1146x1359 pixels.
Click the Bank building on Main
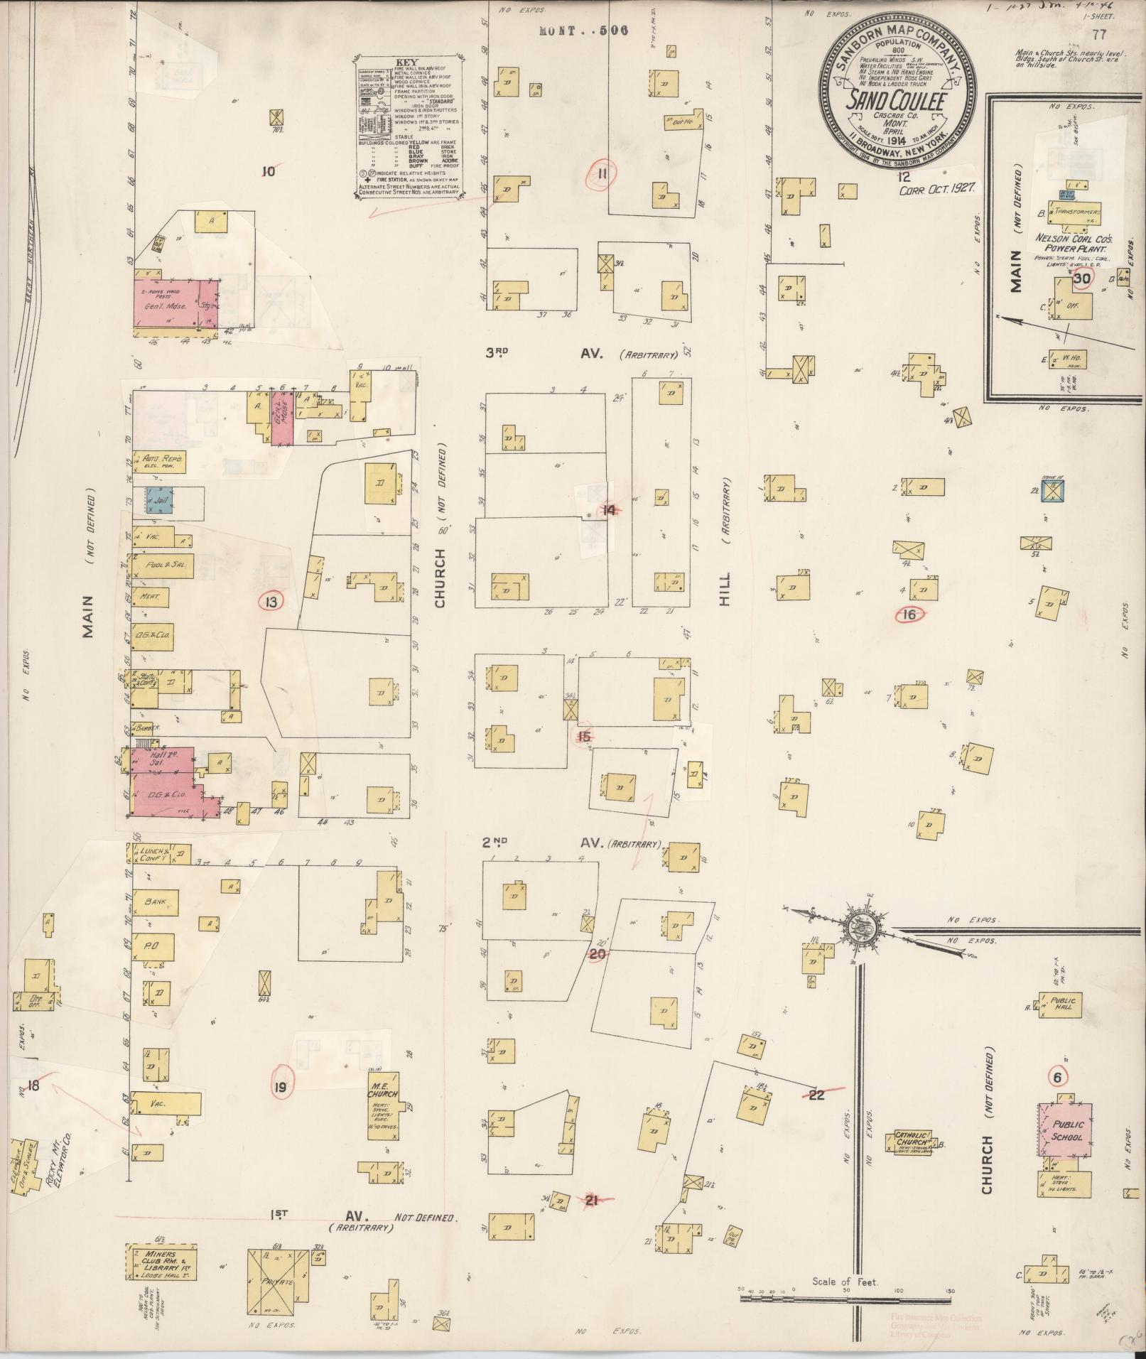tap(156, 902)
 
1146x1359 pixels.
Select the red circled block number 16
tap(909, 615)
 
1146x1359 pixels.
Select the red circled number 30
tap(1082, 279)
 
